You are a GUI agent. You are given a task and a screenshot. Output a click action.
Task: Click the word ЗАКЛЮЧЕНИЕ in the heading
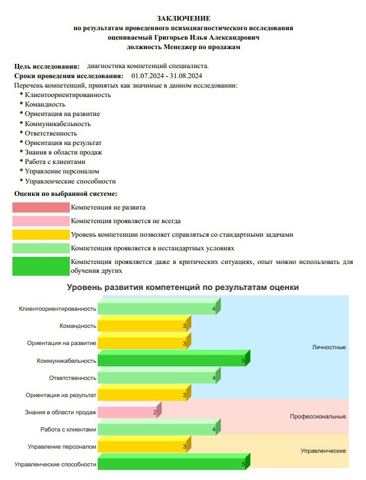(x=184, y=19)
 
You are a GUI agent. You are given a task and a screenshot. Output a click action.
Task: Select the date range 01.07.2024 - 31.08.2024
(x=167, y=76)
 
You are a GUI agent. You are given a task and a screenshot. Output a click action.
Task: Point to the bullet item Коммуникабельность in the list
(x=57, y=124)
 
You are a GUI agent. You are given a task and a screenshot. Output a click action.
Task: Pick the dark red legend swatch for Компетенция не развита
(x=41, y=207)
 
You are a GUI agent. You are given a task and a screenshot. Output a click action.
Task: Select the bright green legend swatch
(x=41, y=266)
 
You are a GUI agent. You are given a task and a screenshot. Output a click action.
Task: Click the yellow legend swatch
(x=41, y=234)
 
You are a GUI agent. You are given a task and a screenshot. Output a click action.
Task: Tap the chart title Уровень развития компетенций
(x=182, y=287)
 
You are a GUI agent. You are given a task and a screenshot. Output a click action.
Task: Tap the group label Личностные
(x=329, y=347)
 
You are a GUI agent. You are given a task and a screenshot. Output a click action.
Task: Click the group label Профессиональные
(x=317, y=417)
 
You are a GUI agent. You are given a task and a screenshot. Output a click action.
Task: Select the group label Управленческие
(x=323, y=451)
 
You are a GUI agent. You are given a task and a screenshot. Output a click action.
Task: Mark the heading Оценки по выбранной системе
(x=65, y=194)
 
